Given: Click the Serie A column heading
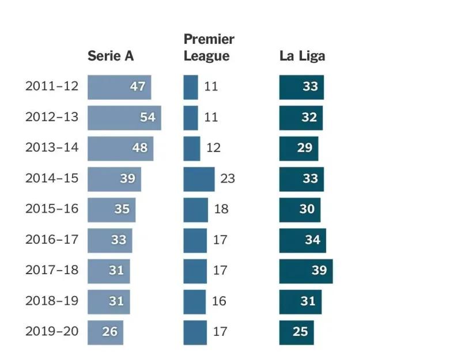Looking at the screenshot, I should (111, 56).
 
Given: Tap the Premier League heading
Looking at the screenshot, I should (209, 47).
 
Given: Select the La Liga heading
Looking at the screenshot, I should (302, 56).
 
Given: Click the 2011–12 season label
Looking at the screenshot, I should (52, 87).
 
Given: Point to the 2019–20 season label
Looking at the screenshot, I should (52, 332).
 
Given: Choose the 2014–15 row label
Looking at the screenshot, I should (52, 179).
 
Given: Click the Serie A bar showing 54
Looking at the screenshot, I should (124, 118).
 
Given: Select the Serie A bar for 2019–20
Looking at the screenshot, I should (105, 332).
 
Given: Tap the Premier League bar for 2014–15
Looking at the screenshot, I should (199, 179).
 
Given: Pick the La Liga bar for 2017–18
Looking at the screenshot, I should (306, 271).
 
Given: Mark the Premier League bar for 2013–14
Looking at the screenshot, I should (192, 148).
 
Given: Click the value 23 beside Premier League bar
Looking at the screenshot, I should (228, 179).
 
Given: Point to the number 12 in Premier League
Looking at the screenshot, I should (213, 148).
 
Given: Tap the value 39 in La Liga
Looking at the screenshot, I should (319, 271).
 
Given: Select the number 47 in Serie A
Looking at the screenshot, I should (137, 87).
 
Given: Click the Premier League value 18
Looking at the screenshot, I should (221, 209).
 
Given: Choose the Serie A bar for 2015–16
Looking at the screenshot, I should (111, 209).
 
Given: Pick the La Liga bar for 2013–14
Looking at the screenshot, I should (298, 148).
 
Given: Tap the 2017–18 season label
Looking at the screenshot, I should (52, 271).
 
